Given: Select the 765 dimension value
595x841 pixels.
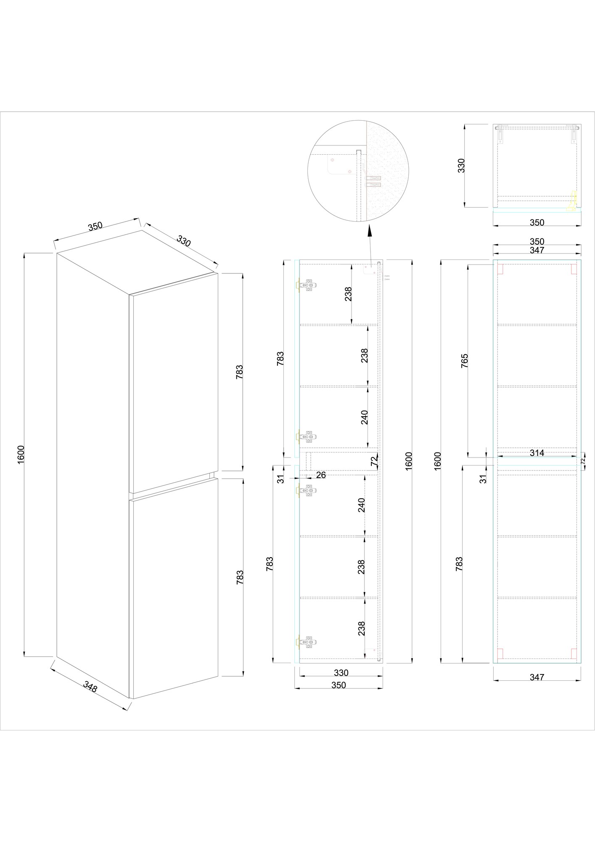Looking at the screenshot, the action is [x=465, y=361].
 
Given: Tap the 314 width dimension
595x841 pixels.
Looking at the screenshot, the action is [x=537, y=453].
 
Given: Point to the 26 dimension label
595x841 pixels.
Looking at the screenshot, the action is [x=321, y=475].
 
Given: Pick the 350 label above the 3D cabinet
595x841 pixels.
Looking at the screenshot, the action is [x=95, y=226].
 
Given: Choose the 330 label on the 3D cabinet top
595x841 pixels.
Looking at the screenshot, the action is [x=184, y=241].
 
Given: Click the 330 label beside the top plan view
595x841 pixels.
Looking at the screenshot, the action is [x=461, y=166].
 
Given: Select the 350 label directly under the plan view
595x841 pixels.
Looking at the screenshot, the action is [x=537, y=222].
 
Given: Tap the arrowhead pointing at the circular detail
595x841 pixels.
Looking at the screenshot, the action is [x=369, y=232].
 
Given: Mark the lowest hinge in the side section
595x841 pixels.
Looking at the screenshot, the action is [x=306, y=653].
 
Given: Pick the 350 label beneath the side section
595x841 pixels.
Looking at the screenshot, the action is [x=338, y=685].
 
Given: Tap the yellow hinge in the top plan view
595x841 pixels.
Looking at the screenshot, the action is [x=572, y=201].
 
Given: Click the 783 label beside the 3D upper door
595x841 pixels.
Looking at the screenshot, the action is [x=240, y=372].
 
